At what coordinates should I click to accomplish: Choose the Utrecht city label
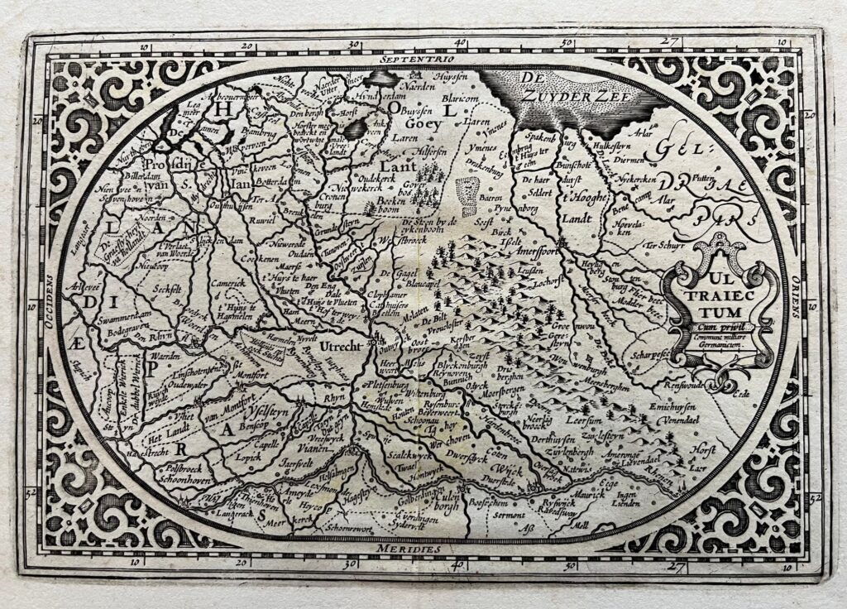pyautogui.click(x=342, y=347)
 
